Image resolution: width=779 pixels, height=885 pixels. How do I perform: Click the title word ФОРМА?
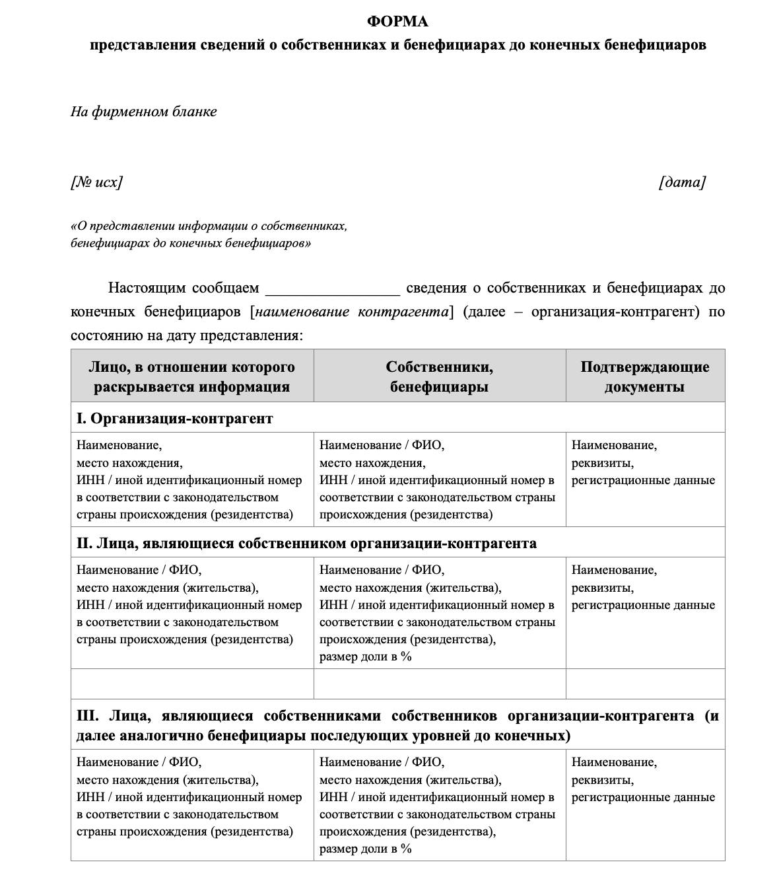(397, 22)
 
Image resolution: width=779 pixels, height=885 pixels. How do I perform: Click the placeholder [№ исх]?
(96, 182)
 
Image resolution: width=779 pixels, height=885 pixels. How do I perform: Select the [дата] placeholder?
(682, 182)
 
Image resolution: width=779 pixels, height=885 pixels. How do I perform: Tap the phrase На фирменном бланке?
(143, 112)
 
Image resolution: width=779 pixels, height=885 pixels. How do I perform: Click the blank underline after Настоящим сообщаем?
(332, 289)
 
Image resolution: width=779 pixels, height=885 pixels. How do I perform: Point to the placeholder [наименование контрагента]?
(352, 312)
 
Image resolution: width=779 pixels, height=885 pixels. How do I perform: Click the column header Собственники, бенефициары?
(439, 376)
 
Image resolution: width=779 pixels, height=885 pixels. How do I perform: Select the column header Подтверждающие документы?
(644, 376)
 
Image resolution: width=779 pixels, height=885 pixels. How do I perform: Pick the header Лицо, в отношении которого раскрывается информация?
(191, 376)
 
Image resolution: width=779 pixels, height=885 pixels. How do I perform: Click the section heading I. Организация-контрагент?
(174, 419)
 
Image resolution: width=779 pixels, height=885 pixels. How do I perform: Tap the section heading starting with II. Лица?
(306, 544)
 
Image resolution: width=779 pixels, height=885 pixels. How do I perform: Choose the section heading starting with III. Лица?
(397, 725)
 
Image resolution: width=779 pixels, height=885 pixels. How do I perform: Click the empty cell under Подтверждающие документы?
(645, 684)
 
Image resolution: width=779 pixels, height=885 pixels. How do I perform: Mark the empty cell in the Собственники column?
(439, 684)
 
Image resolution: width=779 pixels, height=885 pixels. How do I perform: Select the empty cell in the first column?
(191, 684)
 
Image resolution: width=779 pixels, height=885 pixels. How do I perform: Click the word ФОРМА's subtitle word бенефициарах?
(454, 45)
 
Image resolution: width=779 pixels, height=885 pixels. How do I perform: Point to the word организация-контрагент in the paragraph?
(615, 312)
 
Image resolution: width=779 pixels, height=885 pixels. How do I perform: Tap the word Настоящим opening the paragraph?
(146, 288)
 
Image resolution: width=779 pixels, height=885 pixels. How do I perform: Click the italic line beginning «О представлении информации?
(209, 226)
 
